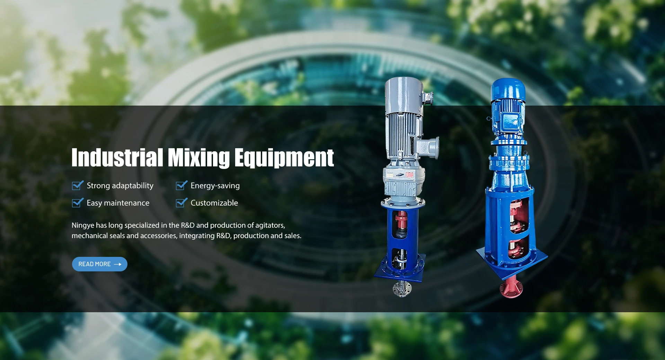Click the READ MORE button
tap(100, 264)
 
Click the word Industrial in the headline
tap(117, 157)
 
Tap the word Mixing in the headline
tap(199, 158)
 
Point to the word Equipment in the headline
tap(284, 158)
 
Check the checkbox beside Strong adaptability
tap(78, 186)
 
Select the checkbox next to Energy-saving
tap(181, 186)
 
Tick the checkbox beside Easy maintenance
tap(78, 202)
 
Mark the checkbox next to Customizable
tap(181, 202)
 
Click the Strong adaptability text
tap(120, 186)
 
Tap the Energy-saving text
tap(215, 186)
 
